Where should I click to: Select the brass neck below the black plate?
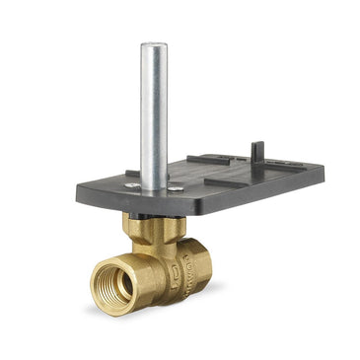tap(149, 230)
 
